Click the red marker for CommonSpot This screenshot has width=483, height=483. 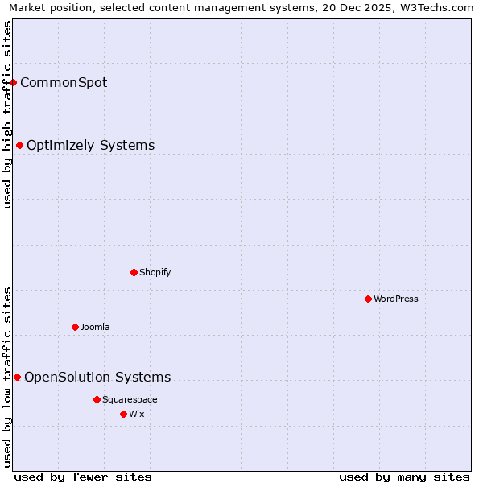14,82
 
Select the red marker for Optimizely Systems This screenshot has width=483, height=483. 20,145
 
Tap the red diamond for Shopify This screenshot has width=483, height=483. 134,272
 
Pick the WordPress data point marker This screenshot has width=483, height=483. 368,299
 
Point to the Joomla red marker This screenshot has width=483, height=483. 75,327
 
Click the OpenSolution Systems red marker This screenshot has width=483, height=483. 17,377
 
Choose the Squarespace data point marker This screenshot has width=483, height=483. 97,399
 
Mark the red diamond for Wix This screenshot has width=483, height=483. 123,414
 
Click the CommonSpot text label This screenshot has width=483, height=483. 64,82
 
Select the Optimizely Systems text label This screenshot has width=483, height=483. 90,146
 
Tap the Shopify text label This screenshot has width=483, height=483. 155,272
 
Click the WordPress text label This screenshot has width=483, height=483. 395,299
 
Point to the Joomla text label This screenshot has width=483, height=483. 95,327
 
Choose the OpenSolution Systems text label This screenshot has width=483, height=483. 97,378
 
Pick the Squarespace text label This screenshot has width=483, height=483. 130,399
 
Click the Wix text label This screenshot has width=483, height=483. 136,414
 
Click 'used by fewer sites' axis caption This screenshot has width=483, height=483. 83,477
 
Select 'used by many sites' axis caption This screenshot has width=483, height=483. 404,477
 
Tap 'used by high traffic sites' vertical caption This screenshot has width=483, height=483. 7,114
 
